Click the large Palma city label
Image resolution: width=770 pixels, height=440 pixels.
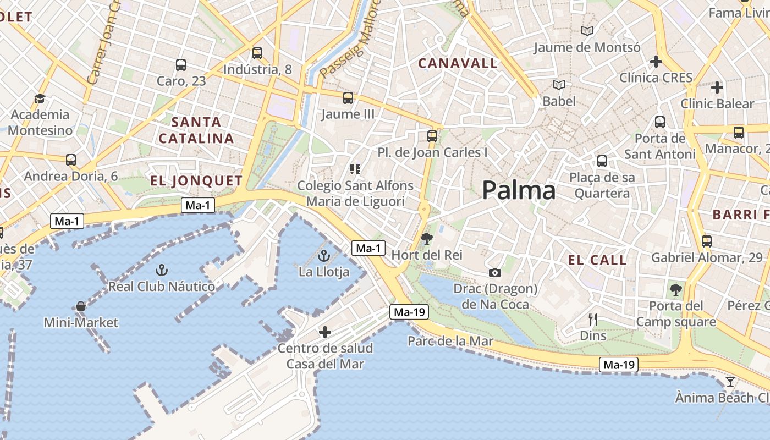tap(519, 190)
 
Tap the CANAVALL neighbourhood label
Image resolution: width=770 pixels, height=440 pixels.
tap(458, 63)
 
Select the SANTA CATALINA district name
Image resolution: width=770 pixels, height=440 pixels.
tap(196, 130)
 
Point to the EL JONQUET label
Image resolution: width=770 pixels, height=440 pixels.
tap(196, 181)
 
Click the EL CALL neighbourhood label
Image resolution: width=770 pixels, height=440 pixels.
tap(597, 260)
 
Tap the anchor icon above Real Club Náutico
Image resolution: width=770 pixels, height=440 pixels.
tap(161, 270)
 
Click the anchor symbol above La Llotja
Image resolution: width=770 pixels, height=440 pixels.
tap(324, 256)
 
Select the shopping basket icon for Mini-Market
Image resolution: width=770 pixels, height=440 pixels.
tap(81, 306)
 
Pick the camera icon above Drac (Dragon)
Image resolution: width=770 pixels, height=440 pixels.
tap(494, 272)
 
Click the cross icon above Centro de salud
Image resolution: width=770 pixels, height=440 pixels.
tap(325, 332)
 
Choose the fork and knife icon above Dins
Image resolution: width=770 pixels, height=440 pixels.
tap(593, 320)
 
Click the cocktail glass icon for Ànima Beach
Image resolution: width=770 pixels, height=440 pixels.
tap(730, 381)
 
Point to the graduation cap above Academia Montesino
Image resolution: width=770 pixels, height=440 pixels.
tap(40, 98)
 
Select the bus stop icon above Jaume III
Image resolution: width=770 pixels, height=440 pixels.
tap(348, 98)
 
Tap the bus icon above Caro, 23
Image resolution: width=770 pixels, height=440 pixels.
tap(181, 65)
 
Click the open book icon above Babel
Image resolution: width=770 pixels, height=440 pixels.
tap(559, 85)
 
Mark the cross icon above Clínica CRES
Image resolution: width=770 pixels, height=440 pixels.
tap(656, 62)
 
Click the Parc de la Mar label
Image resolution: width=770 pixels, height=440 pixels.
tap(450, 341)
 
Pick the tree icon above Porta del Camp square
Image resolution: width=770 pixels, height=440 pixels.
tap(675, 289)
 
